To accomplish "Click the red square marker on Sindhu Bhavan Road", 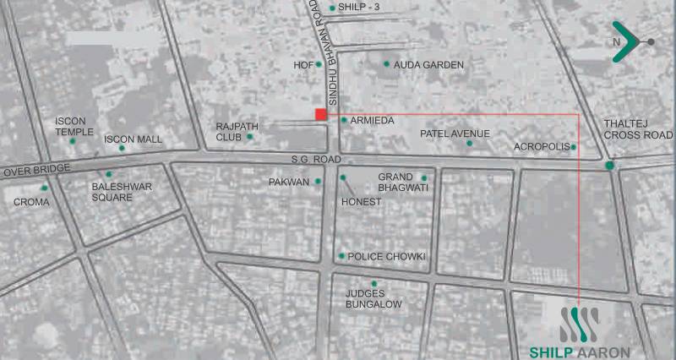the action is coord(320,114).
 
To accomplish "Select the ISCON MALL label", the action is coord(133,139).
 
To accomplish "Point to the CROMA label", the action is coord(30,202).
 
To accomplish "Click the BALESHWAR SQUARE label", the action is coord(112,192).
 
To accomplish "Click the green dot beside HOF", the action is coord(319,63).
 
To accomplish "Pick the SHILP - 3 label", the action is coord(359,8).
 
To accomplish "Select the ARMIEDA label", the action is coord(372,121).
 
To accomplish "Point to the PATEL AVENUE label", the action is coord(455,134).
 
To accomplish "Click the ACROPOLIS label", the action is coord(541,147).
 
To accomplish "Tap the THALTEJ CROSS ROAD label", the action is coord(638,129).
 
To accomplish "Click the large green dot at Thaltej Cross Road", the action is coord(610,165).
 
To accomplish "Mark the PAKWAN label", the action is coord(288,182).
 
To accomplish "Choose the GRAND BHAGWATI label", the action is coord(400,182).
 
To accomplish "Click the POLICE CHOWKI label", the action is coord(387,256).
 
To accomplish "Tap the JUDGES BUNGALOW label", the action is coord(373,298).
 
